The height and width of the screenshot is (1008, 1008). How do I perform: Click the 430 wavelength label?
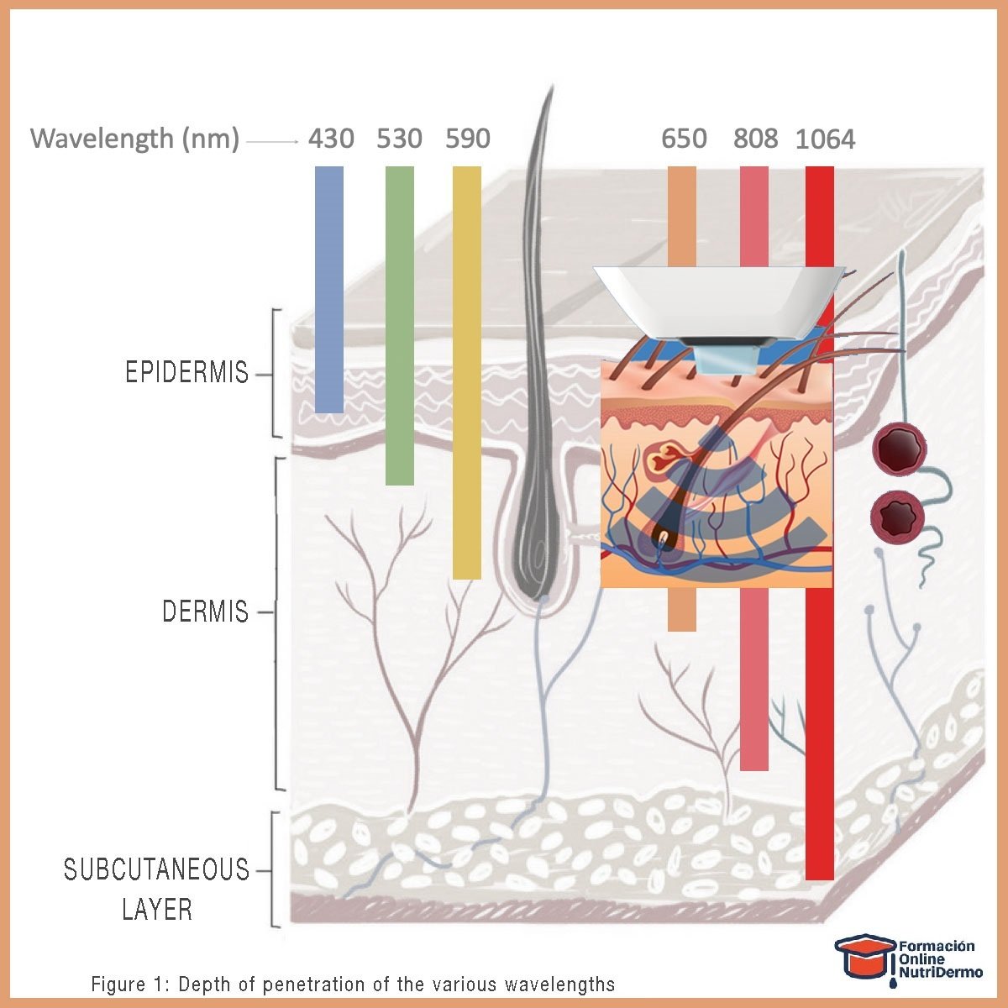[330, 139]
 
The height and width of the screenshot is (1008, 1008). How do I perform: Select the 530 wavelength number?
[399, 139]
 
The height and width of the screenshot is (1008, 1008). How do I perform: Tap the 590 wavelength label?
[467, 139]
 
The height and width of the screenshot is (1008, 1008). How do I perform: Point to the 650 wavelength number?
[684, 139]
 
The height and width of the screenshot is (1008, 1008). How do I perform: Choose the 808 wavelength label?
[755, 139]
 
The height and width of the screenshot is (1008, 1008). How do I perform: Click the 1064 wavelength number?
[825, 139]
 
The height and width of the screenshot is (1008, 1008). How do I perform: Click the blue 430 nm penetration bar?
[329, 290]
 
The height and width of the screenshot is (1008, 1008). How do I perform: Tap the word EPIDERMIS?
[186, 373]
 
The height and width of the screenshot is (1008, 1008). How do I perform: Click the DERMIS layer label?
[206, 612]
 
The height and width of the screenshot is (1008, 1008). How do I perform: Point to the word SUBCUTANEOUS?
[157, 869]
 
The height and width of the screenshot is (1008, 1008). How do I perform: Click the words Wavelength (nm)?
[135, 139]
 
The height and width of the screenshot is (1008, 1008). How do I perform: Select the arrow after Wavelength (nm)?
[273, 142]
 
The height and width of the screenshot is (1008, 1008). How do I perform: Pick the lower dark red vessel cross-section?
[897, 513]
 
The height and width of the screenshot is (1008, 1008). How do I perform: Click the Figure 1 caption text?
[353, 984]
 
